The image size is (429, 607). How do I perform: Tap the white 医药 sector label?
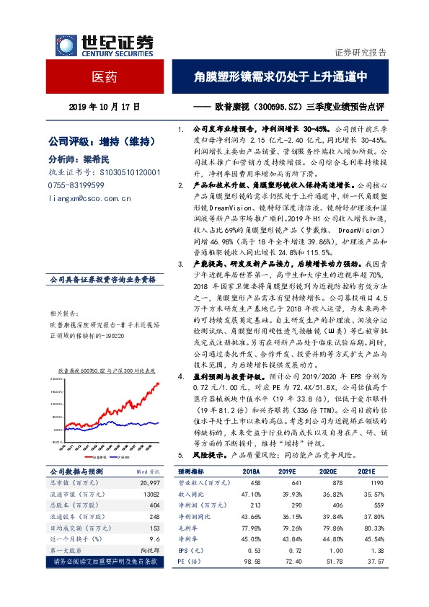tap(104, 75)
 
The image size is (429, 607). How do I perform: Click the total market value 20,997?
tap(149, 481)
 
